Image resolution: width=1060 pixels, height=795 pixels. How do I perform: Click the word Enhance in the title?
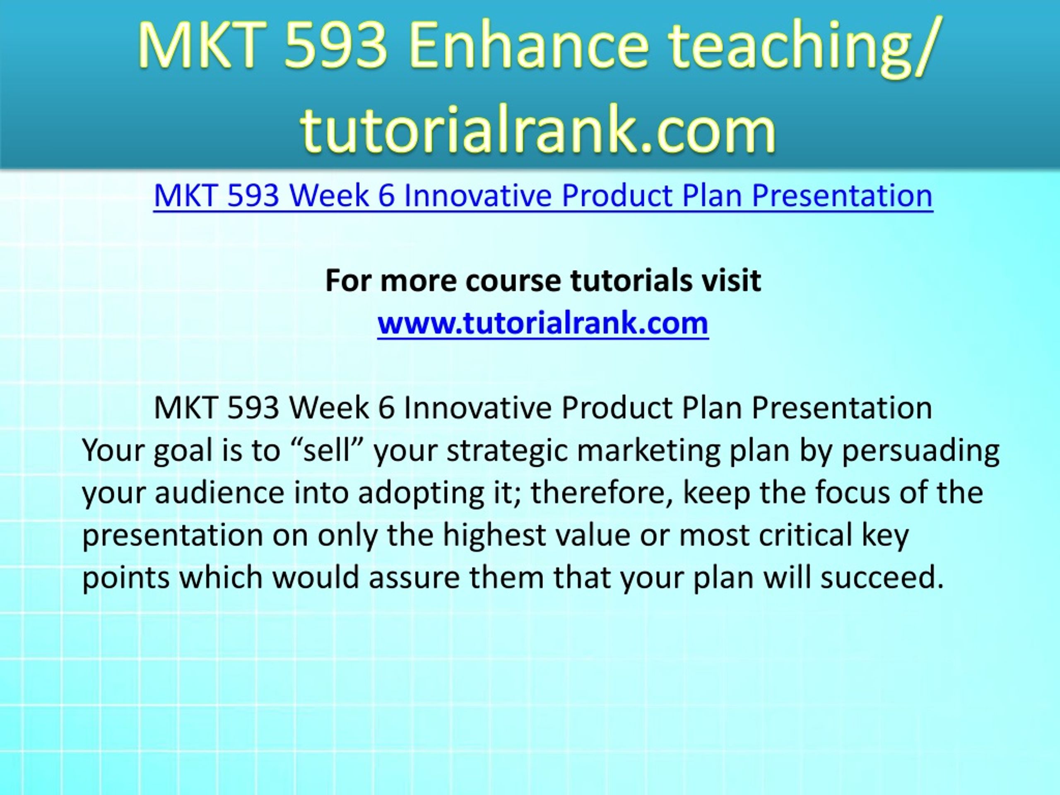[528, 46]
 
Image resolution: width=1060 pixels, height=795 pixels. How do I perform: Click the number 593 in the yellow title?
[335, 46]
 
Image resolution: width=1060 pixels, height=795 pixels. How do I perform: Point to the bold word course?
[512, 281]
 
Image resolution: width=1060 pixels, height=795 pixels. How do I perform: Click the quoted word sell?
[326, 450]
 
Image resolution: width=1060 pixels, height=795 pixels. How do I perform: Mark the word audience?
[219, 493]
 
